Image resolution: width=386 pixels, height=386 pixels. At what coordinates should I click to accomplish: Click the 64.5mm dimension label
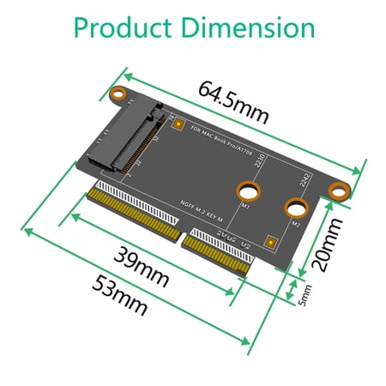click(x=233, y=102)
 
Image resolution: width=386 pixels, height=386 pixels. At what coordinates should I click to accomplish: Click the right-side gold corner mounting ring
click(x=343, y=189)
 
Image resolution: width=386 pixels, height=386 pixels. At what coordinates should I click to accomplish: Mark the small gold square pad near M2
click(x=271, y=241)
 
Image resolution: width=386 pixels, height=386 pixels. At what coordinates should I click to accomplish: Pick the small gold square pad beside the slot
click(x=178, y=125)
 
